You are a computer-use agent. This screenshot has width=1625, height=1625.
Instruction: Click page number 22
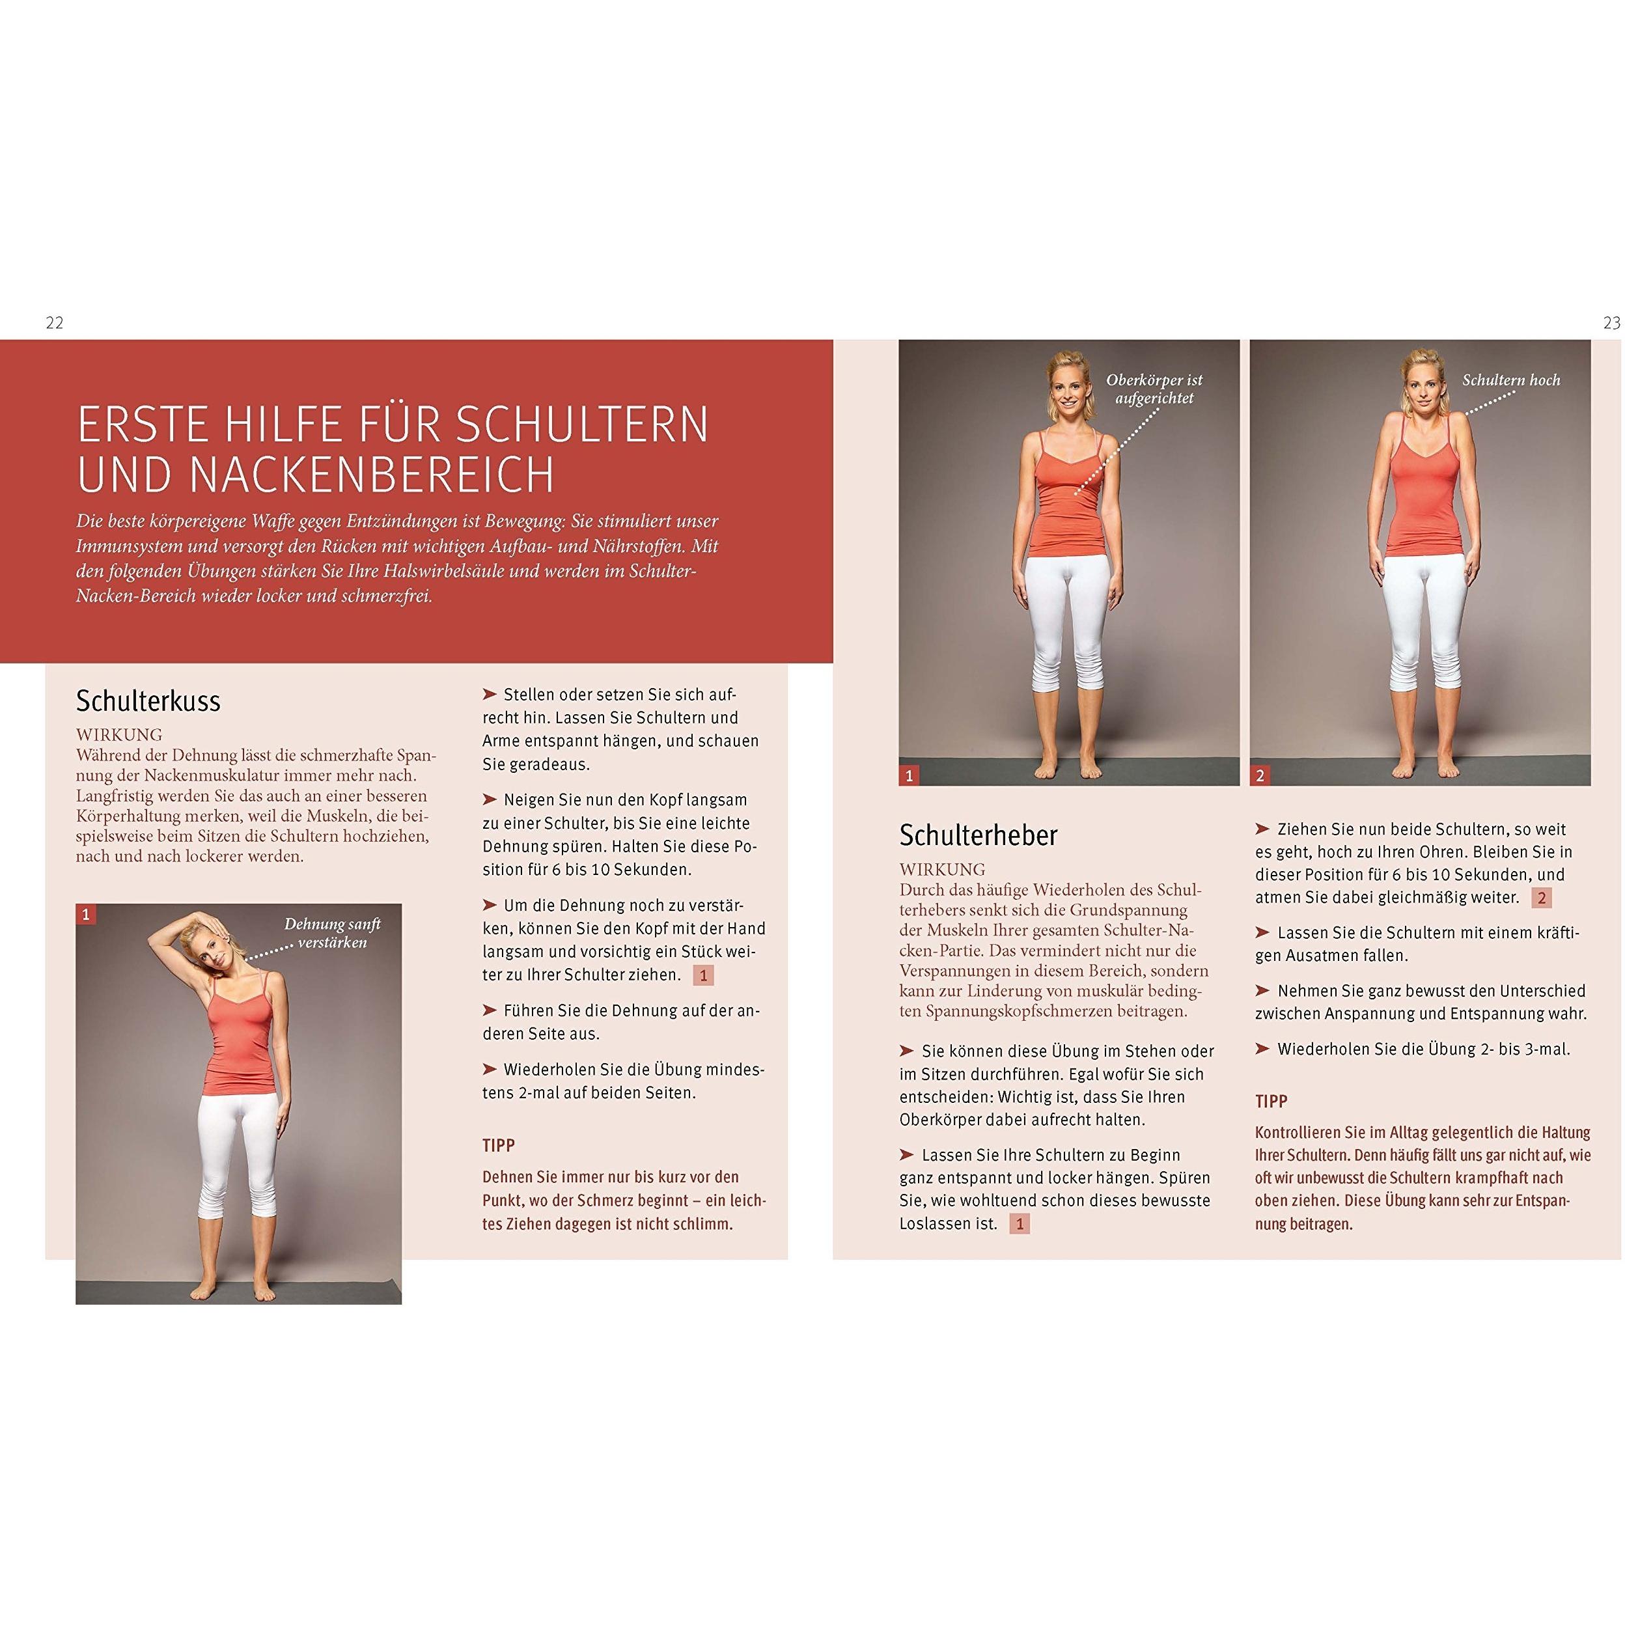click(x=55, y=323)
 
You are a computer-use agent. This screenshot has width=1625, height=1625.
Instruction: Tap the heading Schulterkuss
click(x=148, y=701)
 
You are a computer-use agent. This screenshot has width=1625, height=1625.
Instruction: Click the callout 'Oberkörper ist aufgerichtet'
click(x=1154, y=389)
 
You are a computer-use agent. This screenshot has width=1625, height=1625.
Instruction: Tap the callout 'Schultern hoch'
click(x=1510, y=380)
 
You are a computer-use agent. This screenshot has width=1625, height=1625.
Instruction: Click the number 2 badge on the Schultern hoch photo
click(x=1260, y=775)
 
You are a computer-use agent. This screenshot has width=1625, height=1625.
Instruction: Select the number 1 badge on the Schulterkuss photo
click(x=85, y=914)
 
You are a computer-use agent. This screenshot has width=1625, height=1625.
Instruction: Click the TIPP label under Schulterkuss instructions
click(x=499, y=1146)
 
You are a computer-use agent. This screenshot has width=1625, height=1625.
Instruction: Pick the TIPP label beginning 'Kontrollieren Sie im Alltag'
click(x=1271, y=1102)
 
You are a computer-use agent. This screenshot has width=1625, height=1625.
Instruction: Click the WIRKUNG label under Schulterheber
click(x=942, y=870)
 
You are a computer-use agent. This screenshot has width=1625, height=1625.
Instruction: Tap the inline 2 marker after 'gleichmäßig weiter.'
click(x=1542, y=897)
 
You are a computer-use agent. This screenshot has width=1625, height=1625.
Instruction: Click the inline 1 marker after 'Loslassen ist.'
click(x=1020, y=1224)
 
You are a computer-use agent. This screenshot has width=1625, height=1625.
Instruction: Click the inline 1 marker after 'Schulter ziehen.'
click(x=703, y=975)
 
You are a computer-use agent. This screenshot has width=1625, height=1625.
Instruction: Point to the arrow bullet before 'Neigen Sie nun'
click(x=490, y=799)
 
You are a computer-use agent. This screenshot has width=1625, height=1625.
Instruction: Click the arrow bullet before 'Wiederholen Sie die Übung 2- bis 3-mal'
click(x=1262, y=1049)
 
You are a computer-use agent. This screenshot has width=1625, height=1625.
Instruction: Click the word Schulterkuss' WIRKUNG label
click(x=118, y=735)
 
